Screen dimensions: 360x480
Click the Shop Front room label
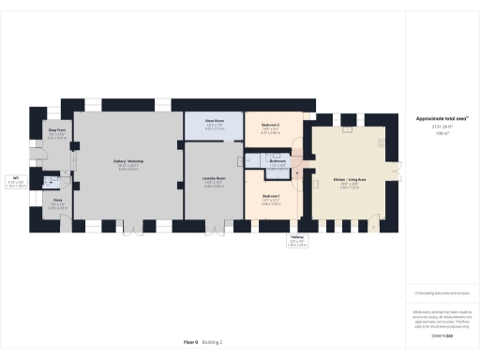56,132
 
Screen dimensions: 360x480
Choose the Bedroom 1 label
271,197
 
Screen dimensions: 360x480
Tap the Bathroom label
277,161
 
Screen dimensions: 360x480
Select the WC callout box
16,181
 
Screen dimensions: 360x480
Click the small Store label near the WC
56,201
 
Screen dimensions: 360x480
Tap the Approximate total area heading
441,118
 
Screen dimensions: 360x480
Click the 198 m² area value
441,134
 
